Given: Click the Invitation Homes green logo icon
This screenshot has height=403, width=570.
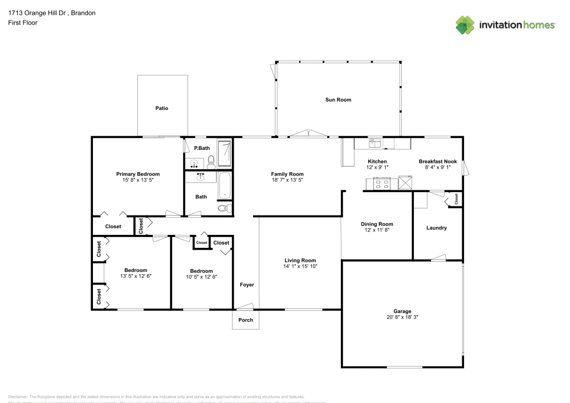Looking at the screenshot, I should [465, 25].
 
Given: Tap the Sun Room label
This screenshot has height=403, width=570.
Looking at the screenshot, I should [338, 100].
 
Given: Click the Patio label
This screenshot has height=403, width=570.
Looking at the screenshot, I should [162, 108].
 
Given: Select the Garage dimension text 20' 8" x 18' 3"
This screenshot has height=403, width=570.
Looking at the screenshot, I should [402, 317].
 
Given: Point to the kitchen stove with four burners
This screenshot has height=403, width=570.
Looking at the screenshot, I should [381, 184].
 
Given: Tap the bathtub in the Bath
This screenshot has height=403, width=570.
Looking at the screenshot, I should [226, 186].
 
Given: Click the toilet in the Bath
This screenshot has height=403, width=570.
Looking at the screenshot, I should [224, 209].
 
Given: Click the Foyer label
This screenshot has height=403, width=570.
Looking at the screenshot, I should [246, 284].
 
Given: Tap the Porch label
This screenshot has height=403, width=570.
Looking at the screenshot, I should [246, 320].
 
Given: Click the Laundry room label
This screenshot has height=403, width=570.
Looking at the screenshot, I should [437, 228].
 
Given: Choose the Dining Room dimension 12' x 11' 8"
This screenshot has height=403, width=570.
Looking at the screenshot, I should [377, 230].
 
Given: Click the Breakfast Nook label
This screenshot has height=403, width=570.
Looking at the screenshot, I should [438, 162].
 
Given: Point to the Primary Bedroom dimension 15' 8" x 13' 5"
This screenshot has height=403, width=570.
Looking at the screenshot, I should [138, 180].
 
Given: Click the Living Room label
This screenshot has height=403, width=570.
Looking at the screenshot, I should [300, 260].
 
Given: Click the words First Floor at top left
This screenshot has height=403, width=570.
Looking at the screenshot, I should [23, 23].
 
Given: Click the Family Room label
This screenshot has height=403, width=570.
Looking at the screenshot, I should [287, 174].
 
